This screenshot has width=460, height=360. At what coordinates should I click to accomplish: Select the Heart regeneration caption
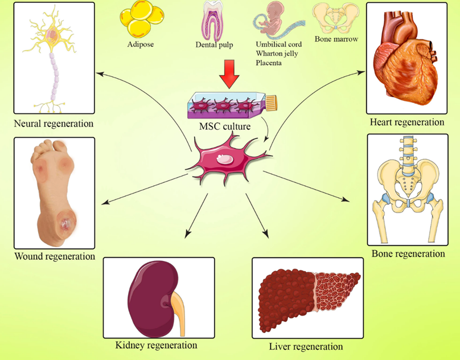407,122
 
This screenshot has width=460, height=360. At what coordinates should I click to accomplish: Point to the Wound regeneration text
55,256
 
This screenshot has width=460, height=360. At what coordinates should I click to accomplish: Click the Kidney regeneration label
156,345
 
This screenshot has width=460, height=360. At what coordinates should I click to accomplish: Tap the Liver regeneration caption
306,346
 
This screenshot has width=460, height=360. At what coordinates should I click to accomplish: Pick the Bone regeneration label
408,253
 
